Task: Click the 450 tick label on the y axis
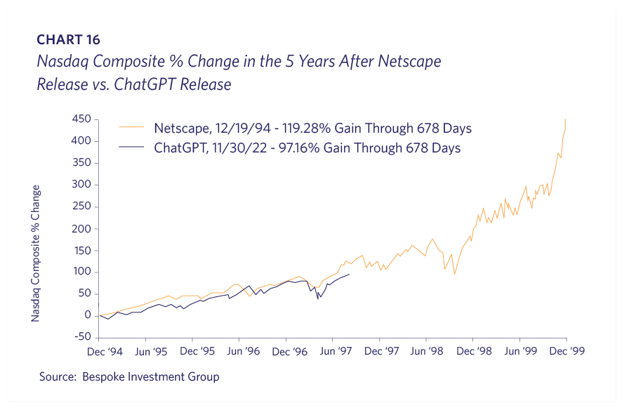pyautogui.click(x=82, y=119)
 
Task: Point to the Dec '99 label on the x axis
pyautogui.click(x=566, y=350)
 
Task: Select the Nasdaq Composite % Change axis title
pyautogui.click(x=36, y=253)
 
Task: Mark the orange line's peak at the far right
pyautogui.click(x=566, y=119)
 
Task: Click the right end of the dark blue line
pyautogui.click(x=349, y=275)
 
